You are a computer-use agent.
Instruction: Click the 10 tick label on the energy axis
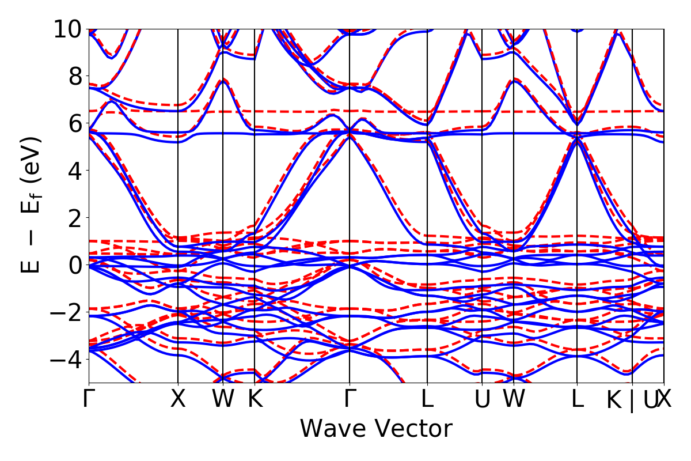[67, 29]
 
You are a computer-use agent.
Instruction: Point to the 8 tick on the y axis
[74, 76]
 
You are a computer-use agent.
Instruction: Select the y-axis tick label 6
[74, 123]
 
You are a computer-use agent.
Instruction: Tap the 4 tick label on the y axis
[74, 171]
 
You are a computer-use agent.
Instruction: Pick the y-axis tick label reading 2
[74, 218]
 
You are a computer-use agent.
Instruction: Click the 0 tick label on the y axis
[74, 265]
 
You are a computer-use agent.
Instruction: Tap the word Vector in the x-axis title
[412, 429]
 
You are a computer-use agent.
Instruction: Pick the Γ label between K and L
[350, 399]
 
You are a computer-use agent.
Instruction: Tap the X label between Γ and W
[178, 399]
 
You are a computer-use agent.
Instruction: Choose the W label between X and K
[223, 399]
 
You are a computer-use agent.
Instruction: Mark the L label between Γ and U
[427, 399]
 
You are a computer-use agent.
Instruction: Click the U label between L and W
[482, 399]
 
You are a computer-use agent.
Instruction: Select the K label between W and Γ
[255, 399]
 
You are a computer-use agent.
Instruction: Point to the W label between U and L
[514, 399]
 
